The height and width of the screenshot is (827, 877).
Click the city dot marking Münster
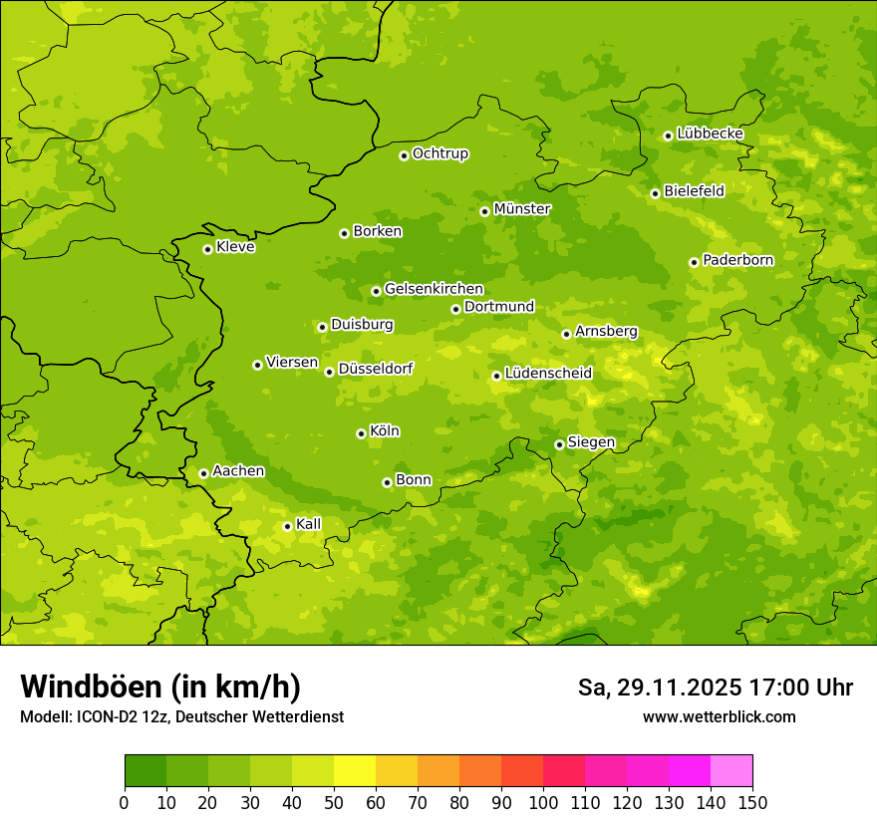coord(484,211)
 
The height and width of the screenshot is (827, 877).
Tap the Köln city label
coord(385,431)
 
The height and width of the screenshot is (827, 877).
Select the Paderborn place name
coord(737,260)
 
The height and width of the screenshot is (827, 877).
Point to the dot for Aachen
coord(203,473)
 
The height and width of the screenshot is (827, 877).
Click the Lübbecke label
coord(710,134)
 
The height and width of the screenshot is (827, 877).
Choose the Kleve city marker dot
coord(207,249)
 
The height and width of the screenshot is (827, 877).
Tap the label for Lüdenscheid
coord(548,374)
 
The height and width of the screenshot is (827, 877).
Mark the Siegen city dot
coord(559,444)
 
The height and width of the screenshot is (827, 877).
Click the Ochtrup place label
coord(439,153)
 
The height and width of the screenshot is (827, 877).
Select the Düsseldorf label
coord(375,369)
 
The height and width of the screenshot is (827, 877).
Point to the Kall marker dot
coord(287,526)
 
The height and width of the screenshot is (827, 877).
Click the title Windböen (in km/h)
coord(160,687)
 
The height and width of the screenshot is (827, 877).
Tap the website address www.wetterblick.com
coord(719,716)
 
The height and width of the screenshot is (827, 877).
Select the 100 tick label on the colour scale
coord(543,802)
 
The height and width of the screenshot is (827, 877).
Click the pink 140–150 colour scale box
coord(731,771)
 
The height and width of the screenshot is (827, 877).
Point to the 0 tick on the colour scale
coord(125,802)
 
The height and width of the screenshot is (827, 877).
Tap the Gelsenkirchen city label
coord(434,289)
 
